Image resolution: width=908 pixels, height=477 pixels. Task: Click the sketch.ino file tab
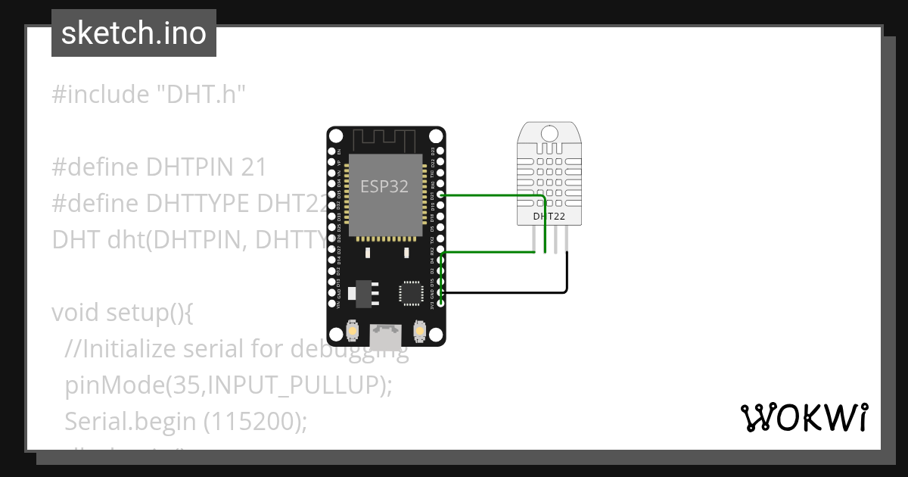pyautogui.click(x=134, y=33)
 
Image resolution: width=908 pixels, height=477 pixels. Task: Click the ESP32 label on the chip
pyautogui.click(x=384, y=187)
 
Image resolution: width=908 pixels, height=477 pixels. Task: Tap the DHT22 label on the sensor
pyautogui.click(x=549, y=217)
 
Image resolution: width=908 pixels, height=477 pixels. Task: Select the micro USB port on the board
pyautogui.click(x=386, y=332)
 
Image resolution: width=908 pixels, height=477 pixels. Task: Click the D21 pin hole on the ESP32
pyautogui.click(x=440, y=195)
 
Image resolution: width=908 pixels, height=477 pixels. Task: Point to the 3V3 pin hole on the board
pyautogui.click(x=440, y=304)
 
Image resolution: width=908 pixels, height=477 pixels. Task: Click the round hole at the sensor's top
pyautogui.click(x=549, y=132)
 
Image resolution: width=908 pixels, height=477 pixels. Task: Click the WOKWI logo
pyautogui.click(x=804, y=417)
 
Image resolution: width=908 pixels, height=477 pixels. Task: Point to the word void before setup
pyautogui.click(x=76, y=312)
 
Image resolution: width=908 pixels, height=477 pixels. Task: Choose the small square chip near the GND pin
pyautogui.click(x=412, y=291)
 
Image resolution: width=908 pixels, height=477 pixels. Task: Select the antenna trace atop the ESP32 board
pyautogui.click(x=385, y=139)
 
